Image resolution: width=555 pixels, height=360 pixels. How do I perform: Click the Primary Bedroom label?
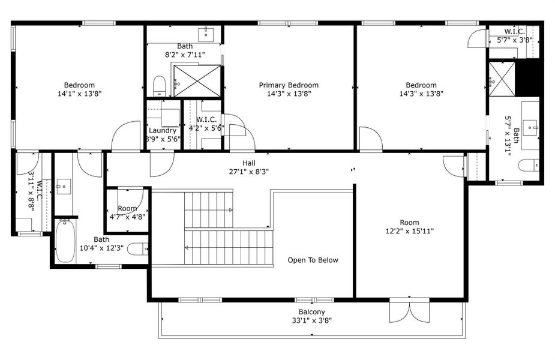coord(289,85)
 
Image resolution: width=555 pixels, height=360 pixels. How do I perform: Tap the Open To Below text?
coord(313,260)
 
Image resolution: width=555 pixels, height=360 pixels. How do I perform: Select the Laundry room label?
coord(163,131)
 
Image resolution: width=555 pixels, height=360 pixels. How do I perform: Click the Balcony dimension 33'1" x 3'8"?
coord(312,320)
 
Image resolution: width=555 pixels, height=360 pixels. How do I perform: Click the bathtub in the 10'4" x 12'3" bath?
coord(65,242)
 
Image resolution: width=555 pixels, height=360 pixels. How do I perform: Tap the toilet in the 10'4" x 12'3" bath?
coord(138,248)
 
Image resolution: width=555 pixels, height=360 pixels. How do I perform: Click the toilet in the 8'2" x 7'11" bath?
coord(159,86)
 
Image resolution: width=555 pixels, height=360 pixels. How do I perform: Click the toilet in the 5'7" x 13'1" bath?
coord(528,166)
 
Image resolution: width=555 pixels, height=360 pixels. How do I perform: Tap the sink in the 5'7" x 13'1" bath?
coord(530,126)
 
